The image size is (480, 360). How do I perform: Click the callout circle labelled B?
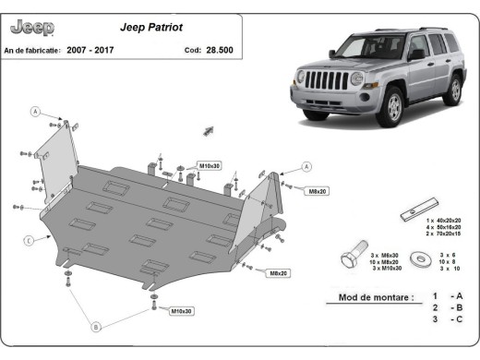coord(95,326)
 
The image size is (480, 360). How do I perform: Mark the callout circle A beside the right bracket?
coord(306,167)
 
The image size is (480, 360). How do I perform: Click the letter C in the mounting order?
coord(457,318)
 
